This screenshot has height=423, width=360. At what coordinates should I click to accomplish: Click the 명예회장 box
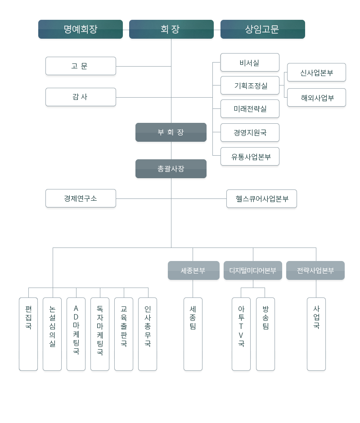point(81,29)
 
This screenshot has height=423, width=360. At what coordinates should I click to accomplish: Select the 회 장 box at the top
point(171,29)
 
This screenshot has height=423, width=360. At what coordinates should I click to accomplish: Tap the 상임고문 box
point(263,29)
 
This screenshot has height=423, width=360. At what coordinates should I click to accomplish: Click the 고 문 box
point(81,66)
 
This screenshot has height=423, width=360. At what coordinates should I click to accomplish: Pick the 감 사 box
point(81,97)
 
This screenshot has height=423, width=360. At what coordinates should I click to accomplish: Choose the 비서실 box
point(250,62)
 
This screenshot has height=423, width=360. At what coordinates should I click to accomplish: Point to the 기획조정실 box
point(250,85)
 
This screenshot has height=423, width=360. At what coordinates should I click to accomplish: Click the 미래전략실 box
point(250,109)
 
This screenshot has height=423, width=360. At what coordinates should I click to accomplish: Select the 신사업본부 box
point(316,72)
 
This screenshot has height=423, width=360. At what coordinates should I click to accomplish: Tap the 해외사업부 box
point(316,97)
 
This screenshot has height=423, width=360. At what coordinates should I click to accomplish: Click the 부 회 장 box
point(171,132)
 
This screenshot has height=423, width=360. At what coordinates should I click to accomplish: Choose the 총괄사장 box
point(171,169)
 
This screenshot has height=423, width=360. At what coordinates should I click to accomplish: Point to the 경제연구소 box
point(81,198)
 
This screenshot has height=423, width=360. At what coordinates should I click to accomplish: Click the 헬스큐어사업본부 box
point(261,199)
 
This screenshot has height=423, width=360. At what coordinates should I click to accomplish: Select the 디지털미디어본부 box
point(253,270)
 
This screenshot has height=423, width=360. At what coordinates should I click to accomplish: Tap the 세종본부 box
point(194,270)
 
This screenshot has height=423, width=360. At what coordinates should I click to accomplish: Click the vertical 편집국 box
point(28,334)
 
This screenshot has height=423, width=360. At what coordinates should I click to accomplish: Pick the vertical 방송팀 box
point(265,334)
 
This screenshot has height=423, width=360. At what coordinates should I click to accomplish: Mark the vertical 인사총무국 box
point(148,334)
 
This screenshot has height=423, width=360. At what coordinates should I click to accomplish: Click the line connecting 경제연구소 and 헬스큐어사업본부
point(171,199)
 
